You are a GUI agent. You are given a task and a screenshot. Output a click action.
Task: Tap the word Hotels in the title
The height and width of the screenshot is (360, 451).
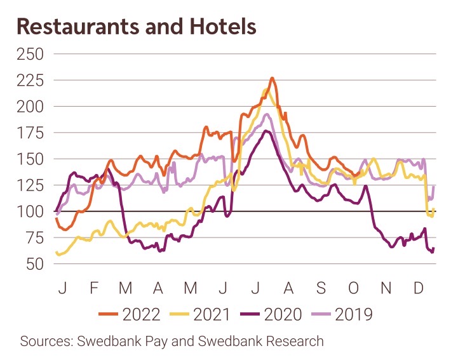[x=223, y=27]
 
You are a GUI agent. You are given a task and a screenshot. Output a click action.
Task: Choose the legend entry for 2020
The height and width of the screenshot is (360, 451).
[x=274, y=314]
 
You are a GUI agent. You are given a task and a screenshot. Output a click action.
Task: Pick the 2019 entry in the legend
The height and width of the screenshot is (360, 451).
[x=347, y=314]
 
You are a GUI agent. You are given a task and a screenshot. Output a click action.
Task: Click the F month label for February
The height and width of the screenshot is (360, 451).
[x=94, y=289]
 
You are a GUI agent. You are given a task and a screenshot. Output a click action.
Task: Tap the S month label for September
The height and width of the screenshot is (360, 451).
[x=321, y=289]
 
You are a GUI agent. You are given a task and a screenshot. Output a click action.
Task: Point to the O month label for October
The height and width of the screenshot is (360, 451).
[x=353, y=289]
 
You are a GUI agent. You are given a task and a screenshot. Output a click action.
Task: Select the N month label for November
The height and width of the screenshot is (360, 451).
[x=386, y=289]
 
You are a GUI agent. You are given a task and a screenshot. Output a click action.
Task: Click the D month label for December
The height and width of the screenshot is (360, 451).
[x=419, y=289]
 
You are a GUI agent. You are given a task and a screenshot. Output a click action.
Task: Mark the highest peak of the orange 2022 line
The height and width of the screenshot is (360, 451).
[x=272, y=79]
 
